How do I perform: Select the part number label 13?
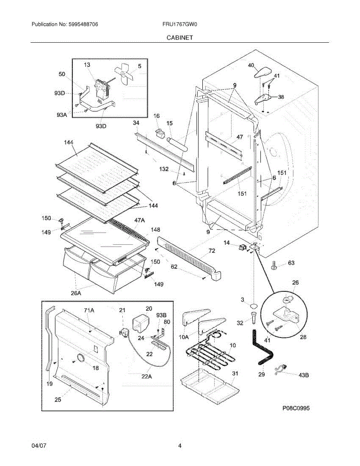[87, 65]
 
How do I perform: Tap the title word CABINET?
[180, 38]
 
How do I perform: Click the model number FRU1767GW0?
[180, 24]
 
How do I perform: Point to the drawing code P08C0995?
[296, 408]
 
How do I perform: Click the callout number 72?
[211, 251]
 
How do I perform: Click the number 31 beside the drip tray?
[235, 373]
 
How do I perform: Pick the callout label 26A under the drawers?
[76, 293]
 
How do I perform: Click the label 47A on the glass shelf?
[139, 220]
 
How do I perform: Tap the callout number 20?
[149, 308]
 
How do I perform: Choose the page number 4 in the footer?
[180, 446]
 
